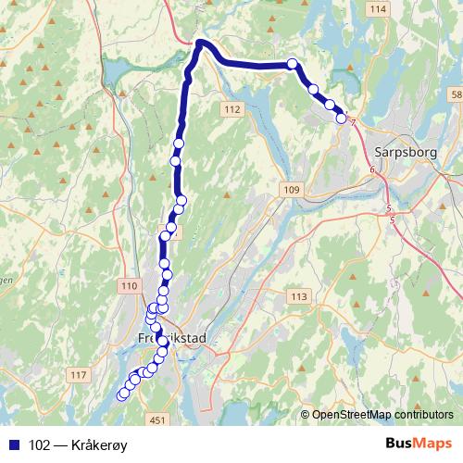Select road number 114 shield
[376, 9]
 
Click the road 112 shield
[231, 110]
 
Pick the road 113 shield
[298, 296]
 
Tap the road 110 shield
[129, 288]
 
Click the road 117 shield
[78, 375]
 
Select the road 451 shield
[158, 420]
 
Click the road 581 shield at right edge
[456, 95]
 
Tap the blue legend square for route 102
[12, 444]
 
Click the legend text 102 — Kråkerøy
[79, 444]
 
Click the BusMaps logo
[419, 444]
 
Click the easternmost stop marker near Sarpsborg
[341, 118]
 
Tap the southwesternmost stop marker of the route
[121, 397]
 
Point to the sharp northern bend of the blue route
[198, 43]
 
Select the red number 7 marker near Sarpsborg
[354, 121]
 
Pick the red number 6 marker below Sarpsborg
[371, 170]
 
